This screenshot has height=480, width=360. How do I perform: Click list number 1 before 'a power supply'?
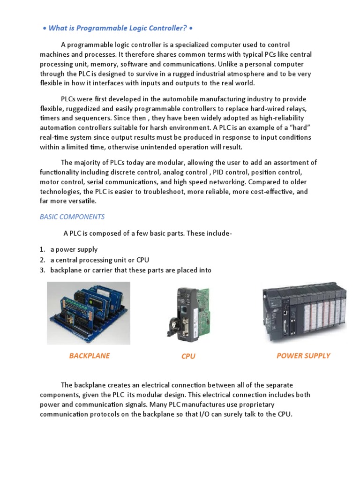coord(42,250)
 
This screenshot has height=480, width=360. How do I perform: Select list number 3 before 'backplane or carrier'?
coord(42,270)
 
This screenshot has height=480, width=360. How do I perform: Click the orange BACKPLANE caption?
coord(89,356)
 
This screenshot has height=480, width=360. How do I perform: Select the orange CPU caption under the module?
coord(188,356)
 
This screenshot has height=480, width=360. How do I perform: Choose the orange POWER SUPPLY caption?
coord(303,356)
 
